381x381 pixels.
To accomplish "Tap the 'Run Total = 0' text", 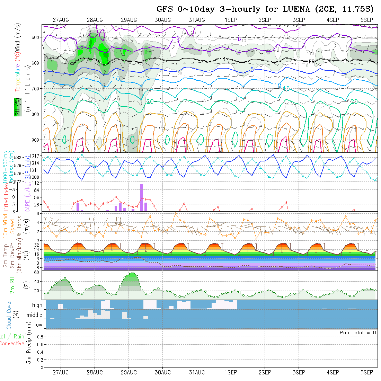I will pyautogui.click(x=358, y=333).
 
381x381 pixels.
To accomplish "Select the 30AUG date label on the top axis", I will pyautogui.click(x=163, y=20).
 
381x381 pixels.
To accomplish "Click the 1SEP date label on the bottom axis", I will pyautogui.click(x=231, y=372).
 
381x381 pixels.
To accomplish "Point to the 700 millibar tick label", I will pyautogui.click(x=36, y=88).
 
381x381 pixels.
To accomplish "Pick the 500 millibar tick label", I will pyautogui.click(x=36, y=37).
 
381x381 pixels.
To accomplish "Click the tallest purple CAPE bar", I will pyautogui.click(x=141, y=197).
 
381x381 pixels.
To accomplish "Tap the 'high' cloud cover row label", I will pyautogui.click(x=37, y=305).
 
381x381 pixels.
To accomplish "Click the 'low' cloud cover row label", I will pyautogui.click(x=38, y=325).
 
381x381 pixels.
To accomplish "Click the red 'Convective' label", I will pyautogui.click(x=12, y=344).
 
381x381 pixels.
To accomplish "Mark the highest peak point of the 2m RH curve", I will pyautogui.click(x=133, y=272).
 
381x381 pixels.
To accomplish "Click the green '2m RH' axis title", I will pyautogui.click(x=12, y=285).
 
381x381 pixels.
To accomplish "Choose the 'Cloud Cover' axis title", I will pyautogui.click(x=9, y=314).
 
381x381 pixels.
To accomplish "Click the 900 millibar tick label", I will pyautogui.click(x=36, y=140).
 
